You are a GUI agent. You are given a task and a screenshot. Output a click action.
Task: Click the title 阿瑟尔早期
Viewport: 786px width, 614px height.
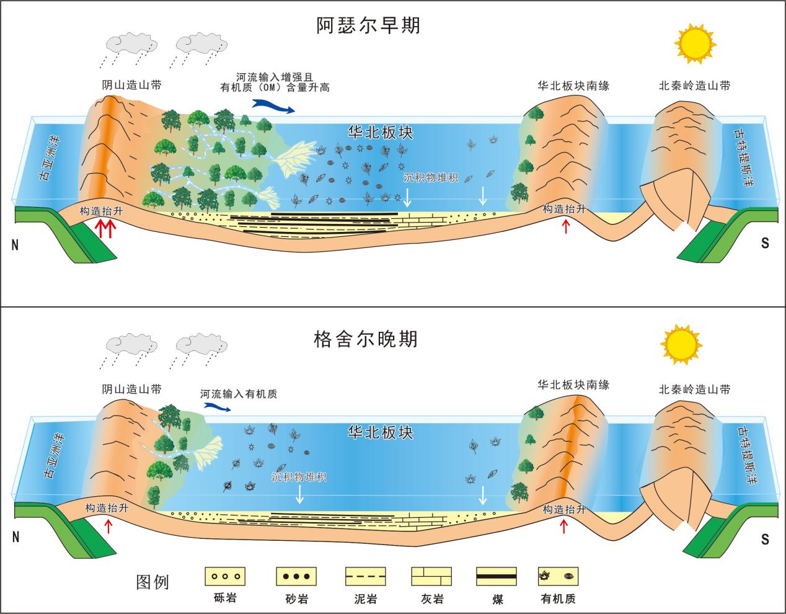[x=368, y=25]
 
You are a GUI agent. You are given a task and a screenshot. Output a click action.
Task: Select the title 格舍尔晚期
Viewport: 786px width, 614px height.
[x=366, y=339]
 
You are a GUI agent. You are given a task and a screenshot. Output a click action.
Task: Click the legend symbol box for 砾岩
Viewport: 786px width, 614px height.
[x=225, y=576]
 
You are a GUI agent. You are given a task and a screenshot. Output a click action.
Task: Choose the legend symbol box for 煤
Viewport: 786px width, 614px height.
[x=496, y=576]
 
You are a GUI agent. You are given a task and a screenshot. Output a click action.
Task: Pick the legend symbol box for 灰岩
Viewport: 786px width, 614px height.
[x=431, y=576]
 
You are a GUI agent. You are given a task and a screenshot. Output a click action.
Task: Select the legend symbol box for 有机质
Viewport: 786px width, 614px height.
[x=558, y=576]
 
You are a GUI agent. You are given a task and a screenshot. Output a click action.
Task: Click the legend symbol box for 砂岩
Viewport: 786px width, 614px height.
[x=296, y=576]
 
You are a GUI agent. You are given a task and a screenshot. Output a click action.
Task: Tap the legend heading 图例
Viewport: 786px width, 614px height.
[x=152, y=582]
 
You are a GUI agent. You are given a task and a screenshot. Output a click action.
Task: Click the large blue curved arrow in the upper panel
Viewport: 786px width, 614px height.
[x=273, y=107]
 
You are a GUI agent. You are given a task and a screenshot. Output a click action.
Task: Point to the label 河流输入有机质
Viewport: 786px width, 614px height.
[x=238, y=394]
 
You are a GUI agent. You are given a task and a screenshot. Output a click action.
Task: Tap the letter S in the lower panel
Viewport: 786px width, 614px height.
[x=764, y=538]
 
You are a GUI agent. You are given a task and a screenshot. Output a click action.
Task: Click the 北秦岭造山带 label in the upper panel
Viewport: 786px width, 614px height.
[x=694, y=86]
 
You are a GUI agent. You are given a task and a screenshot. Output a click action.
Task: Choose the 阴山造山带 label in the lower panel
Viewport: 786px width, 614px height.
[x=131, y=389]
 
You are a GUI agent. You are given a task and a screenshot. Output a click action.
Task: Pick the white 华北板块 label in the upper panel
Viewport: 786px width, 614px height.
[x=381, y=133]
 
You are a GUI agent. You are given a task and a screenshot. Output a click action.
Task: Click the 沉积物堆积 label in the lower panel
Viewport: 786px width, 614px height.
[x=299, y=477]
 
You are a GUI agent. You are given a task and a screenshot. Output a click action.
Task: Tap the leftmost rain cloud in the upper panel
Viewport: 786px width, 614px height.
[x=128, y=43]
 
